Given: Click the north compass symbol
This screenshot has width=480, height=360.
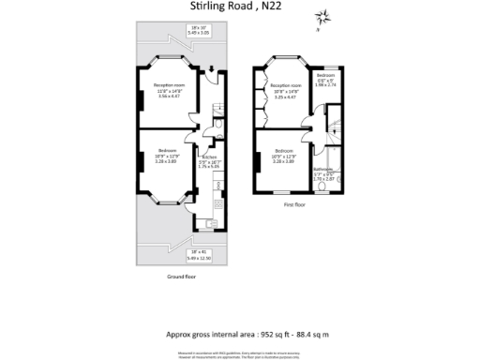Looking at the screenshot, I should coord(323,17).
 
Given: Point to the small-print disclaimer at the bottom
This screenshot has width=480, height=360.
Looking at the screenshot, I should coord(240,353).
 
